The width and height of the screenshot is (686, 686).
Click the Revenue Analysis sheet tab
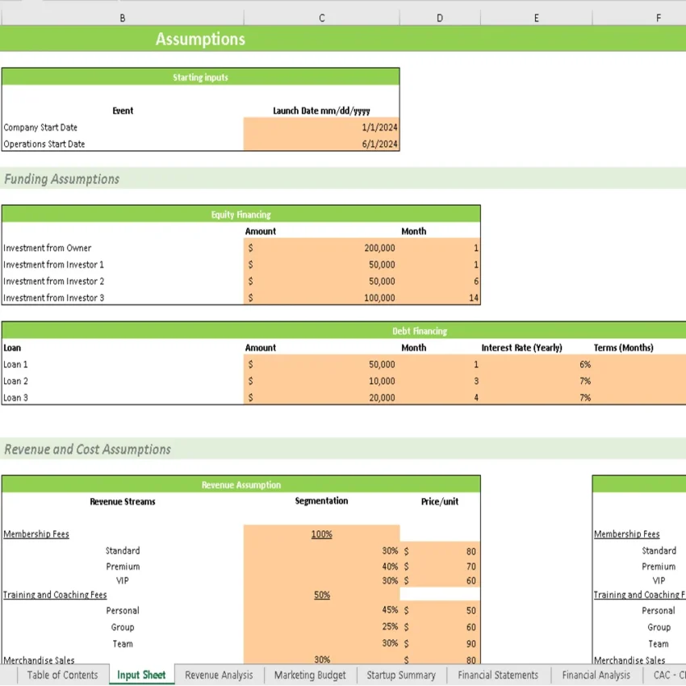click(219, 676)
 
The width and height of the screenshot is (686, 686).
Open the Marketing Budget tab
click(310, 676)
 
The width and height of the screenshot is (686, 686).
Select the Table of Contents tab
click(62, 676)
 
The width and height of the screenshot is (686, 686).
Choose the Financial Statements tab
click(498, 676)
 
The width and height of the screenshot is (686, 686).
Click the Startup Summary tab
click(401, 676)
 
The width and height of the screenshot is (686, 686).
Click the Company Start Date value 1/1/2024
click(380, 128)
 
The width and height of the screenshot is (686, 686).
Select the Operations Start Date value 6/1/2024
click(380, 144)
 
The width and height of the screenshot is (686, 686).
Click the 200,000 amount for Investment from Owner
click(379, 249)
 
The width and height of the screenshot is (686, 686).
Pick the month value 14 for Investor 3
click(474, 299)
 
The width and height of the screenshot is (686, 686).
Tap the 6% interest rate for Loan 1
click(585, 365)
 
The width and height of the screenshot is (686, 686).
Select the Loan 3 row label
click(15, 398)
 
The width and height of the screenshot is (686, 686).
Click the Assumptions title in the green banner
click(200, 40)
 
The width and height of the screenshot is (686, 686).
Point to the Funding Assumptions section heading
click(62, 179)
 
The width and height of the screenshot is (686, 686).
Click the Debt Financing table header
click(419, 331)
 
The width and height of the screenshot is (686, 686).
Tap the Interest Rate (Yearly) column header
click(521, 348)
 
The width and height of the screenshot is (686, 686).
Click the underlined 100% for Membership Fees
click(321, 534)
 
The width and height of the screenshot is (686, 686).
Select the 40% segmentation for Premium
click(390, 567)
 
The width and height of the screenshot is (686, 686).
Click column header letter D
click(440, 18)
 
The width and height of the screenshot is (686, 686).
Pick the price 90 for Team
click(471, 644)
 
